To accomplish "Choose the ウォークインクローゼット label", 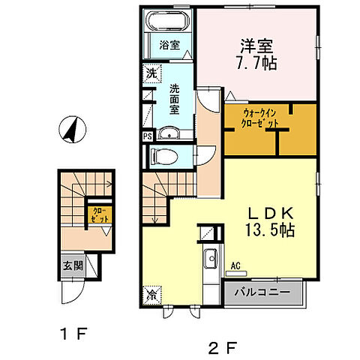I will point(260,118).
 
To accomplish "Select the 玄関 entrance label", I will point(73,265).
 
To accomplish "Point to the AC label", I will point(235,264).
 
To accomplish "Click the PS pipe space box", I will point(147,137).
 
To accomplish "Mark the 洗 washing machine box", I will point(151,74).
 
